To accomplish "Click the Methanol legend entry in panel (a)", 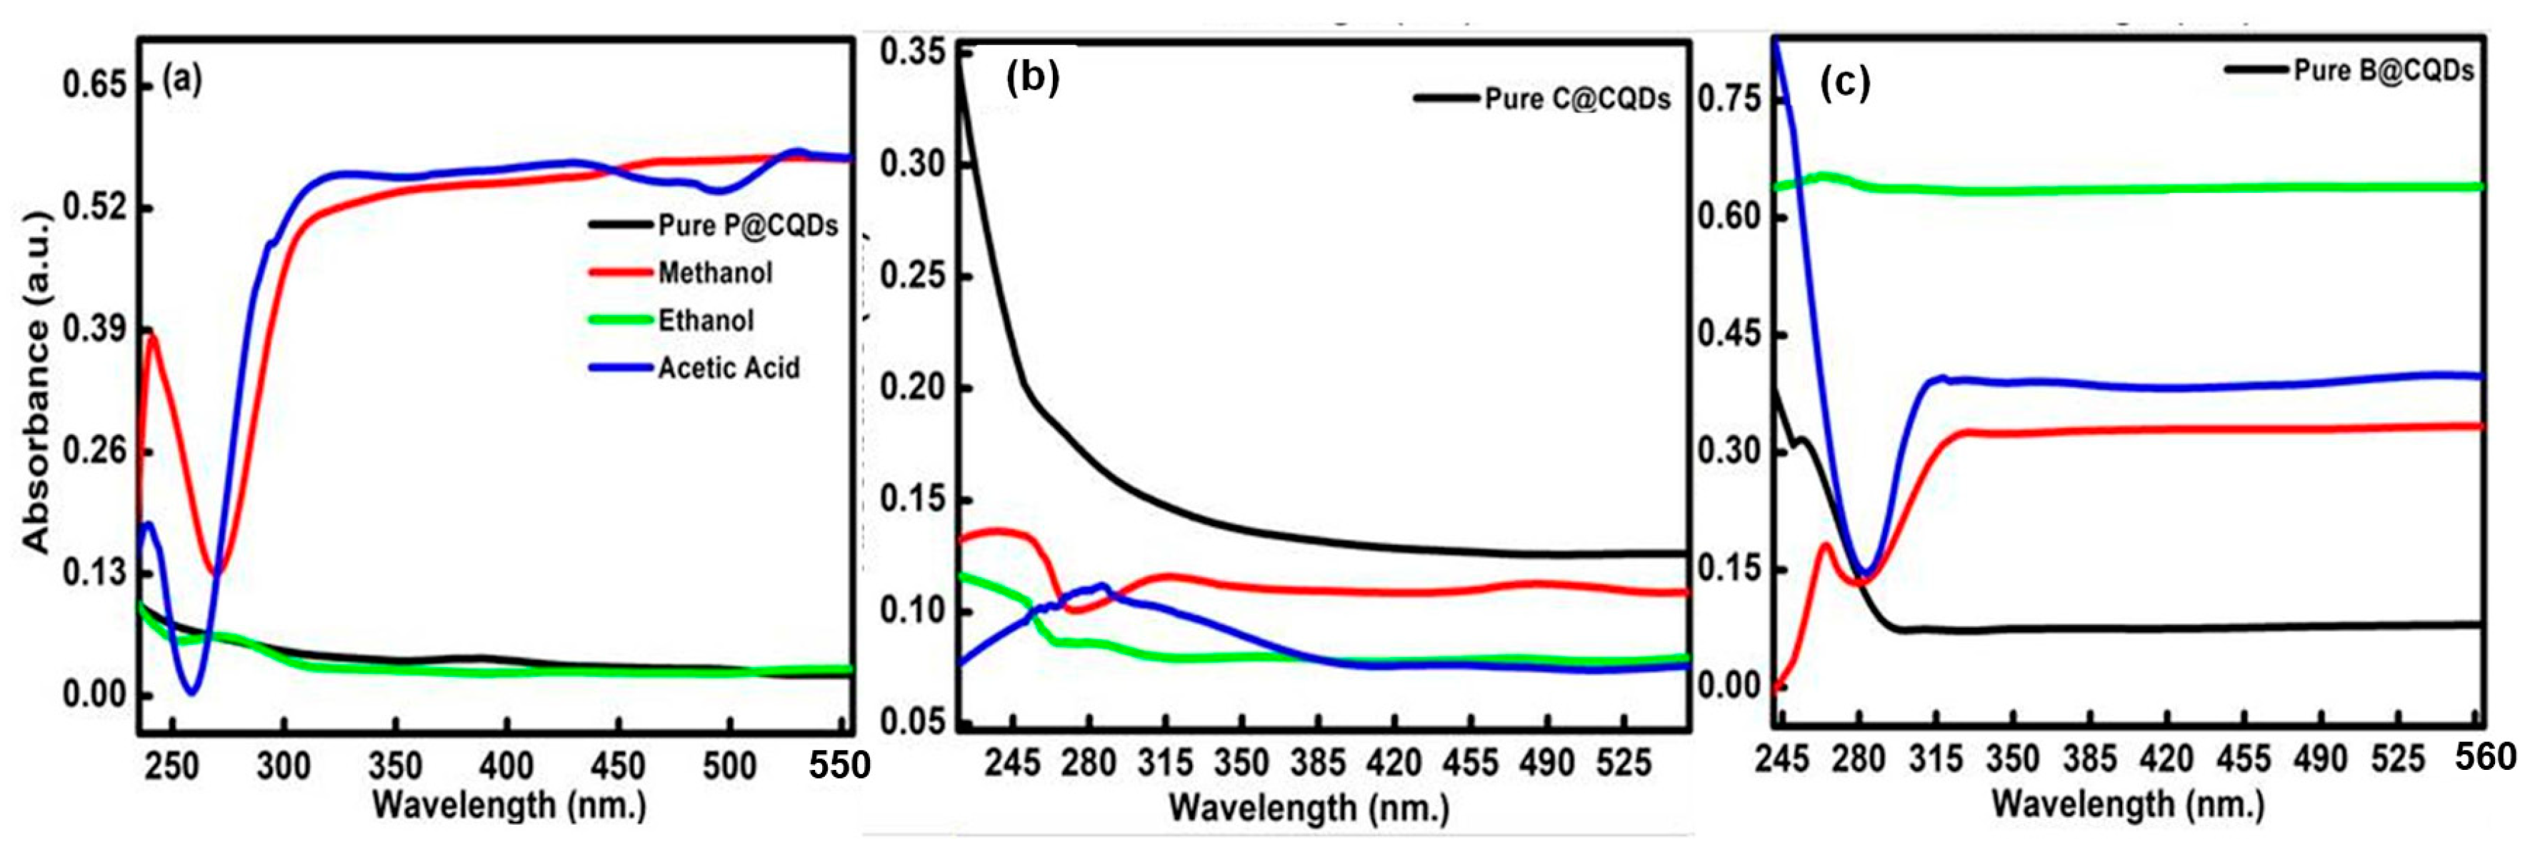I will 714,273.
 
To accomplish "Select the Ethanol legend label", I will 705,321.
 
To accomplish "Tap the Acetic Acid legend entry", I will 728,368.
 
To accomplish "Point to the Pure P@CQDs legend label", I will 747,226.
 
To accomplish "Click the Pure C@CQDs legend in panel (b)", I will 1576,99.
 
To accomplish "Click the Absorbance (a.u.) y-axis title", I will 36,393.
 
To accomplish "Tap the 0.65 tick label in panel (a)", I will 95,86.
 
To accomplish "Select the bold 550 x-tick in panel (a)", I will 840,765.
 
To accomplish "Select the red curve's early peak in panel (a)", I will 152,336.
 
